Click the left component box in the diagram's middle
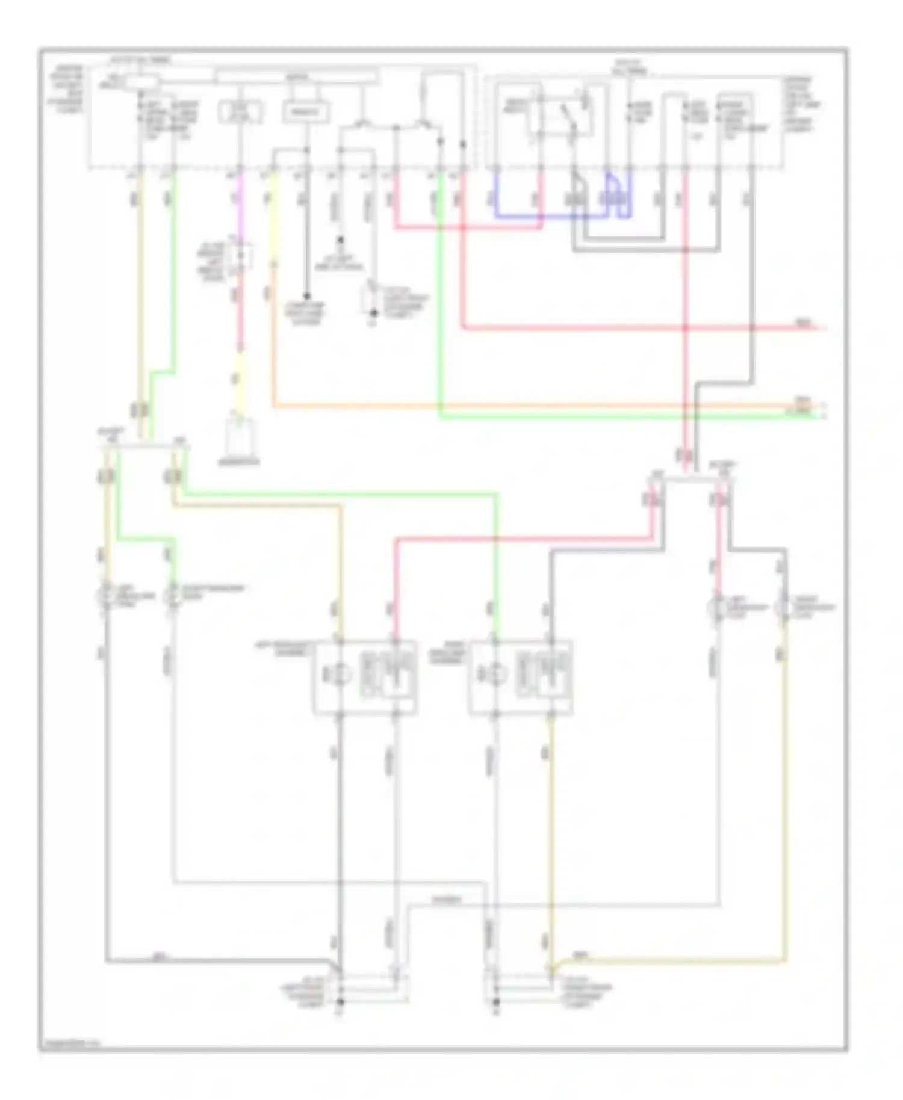tap(364, 678)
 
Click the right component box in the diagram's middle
tap(520, 678)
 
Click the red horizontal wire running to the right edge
tap(632, 328)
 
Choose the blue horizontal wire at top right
tap(518, 215)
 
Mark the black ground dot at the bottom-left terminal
tap(340, 1002)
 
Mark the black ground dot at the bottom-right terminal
tap(496, 1002)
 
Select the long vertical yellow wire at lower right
tap(784, 812)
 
